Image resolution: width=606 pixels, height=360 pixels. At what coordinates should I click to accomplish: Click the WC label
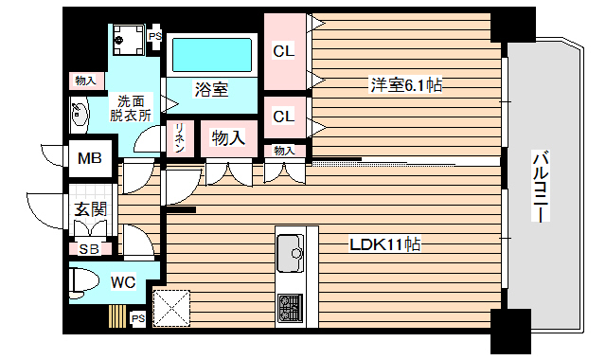pyautogui.click(x=123, y=281)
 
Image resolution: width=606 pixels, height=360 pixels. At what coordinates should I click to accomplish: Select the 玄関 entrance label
pyautogui.click(x=91, y=209)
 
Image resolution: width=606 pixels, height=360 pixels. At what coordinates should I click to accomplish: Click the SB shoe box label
pyautogui.click(x=89, y=249)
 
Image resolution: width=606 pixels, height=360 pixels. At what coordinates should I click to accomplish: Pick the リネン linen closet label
pyautogui.click(x=179, y=138)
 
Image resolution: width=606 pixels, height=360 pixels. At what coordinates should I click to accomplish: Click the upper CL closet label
pyautogui.click(x=283, y=52)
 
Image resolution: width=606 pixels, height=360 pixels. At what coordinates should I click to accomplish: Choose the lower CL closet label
pyautogui.click(x=283, y=117)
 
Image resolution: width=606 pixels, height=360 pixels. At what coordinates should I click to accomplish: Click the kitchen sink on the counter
pyautogui.click(x=290, y=252)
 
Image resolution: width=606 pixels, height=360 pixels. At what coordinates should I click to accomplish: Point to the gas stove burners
pyautogui.click(x=290, y=307)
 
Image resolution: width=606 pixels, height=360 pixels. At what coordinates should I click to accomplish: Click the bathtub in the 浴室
pyautogui.click(x=215, y=56)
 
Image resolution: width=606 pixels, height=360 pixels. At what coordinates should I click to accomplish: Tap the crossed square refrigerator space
pyautogui.click(x=172, y=306)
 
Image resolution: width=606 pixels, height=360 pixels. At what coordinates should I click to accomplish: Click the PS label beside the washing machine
pyautogui.click(x=155, y=37)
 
